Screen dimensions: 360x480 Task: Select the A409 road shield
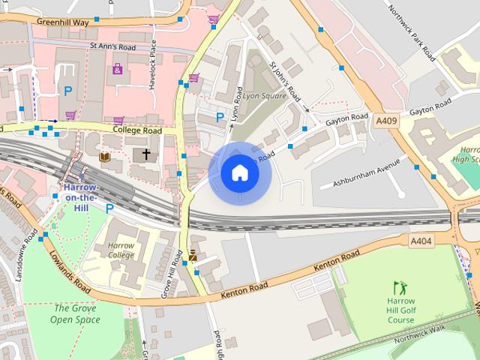pyautogui.click(x=386, y=121)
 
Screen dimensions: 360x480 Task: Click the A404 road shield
pyautogui.click(x=421, y=241)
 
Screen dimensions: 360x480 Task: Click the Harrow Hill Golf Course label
pyautogui.click(x=400, y=310)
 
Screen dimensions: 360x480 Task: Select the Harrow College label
pyautogui.click(x=120, y=250)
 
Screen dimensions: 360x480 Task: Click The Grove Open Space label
pyautogui.click(x=75, y=313)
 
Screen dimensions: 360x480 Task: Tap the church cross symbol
pyautogui.click(x=145, y=154)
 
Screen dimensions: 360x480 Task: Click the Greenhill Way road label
pyautogui.click(x=62, y=22)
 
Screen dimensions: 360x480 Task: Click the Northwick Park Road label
pyautogui.click(x=411, y=33)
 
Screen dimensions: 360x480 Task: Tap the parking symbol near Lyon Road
pyautogui.click(x=220, y=117)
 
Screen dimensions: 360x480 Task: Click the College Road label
pyautogui.click(x=137, y=130)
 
